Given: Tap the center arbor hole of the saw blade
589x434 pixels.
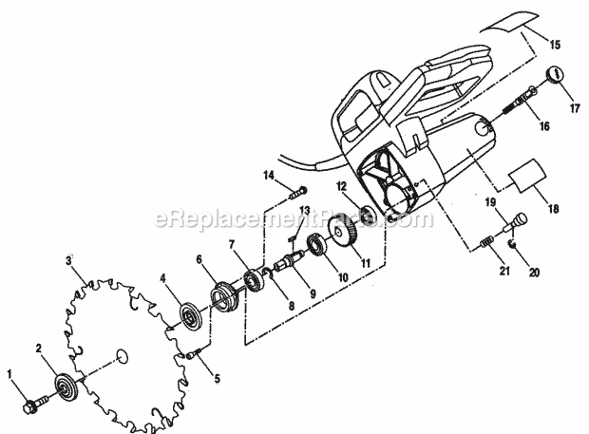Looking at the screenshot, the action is click(122, 356).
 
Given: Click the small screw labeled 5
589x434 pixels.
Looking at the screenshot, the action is click(193, 353).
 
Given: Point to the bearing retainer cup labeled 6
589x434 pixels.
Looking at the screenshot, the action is click(224, 296).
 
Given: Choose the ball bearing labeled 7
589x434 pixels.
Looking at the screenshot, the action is click(255, 281).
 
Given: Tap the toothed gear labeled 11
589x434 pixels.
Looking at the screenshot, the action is click(342, 232).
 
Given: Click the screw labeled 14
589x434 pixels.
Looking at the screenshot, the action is click(298, 193).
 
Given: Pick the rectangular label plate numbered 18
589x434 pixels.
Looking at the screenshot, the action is click(526, 176).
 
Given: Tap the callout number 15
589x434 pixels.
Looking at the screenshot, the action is click(555, 45).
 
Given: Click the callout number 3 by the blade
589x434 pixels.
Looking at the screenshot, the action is click(68, 260).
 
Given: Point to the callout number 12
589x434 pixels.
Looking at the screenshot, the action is click(342, 186).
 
